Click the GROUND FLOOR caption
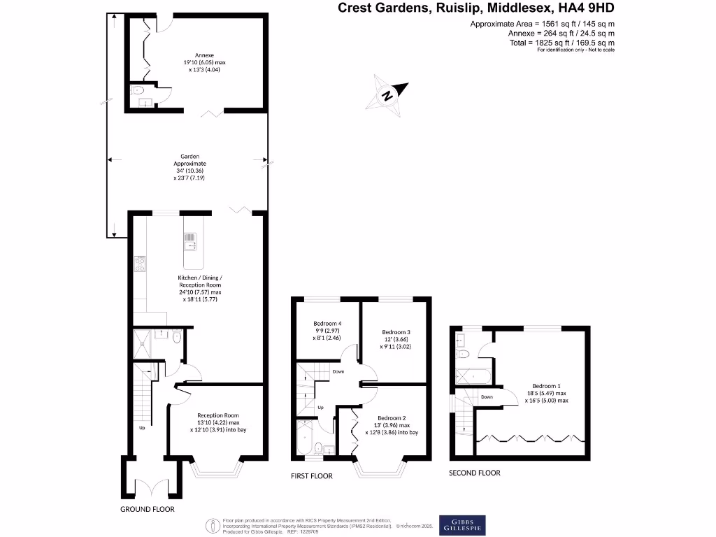(x=147, y=510)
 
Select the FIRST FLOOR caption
(x=312, y=476)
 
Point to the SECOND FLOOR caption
(x=475, y=473)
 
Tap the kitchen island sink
(x=190, y=241)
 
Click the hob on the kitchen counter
(x=138, y=264)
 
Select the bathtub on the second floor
(x=474, y=376)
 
